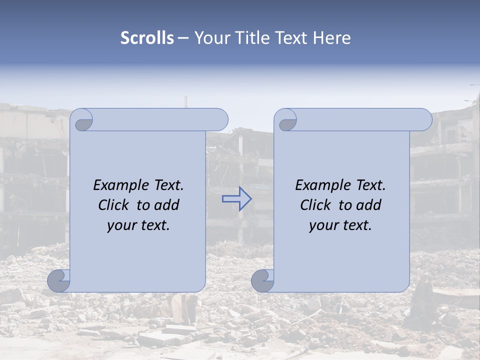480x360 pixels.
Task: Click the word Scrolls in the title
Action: click(x=147, y=38)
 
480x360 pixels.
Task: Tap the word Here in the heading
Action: click(x=331, y=38)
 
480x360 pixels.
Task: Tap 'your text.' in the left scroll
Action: click(x=138, y=225)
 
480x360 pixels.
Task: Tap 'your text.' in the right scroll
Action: click(x=340, y=225)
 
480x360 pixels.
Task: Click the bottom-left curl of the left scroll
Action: click(x=59, y=280)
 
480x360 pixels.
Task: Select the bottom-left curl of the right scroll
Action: click(x=262, y=280)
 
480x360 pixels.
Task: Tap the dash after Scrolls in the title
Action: click(x=183, y=38)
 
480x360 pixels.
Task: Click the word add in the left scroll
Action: click(x=167, y=205)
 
